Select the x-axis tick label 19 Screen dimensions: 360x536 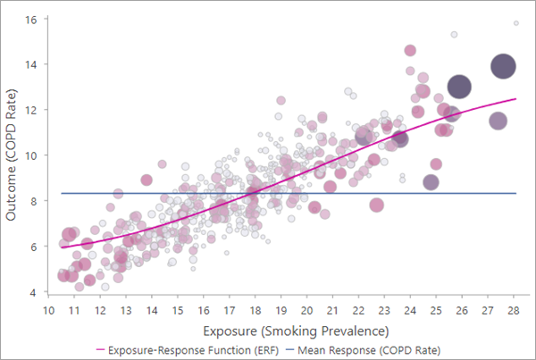282,310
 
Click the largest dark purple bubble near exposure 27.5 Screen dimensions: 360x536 503,67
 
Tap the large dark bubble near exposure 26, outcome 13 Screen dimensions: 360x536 459,87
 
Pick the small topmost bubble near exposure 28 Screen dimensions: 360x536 516,23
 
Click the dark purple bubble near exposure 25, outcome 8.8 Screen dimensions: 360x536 431,182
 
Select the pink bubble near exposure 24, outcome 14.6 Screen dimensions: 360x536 410,51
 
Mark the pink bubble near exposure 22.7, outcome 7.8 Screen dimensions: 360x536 377,205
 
